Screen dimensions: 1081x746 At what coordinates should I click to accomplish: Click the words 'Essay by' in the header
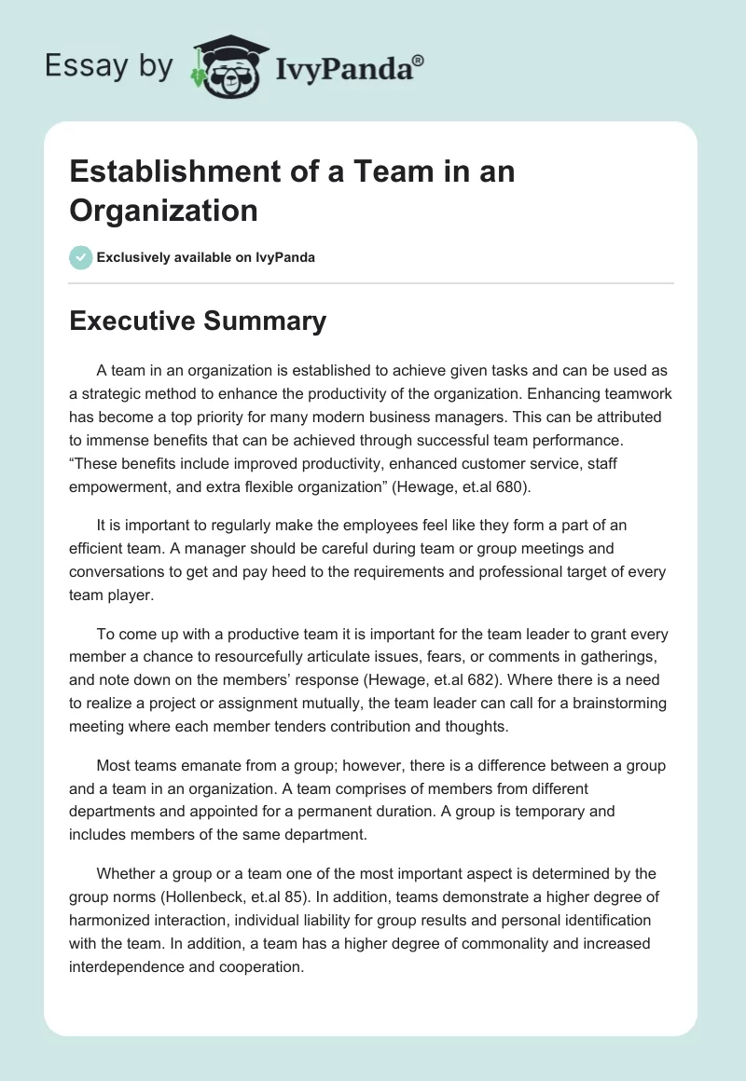click(108, 66)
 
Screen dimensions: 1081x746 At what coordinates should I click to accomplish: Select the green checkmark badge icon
click(81, 257)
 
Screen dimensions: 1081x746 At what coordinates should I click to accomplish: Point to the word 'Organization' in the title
click(163, 210)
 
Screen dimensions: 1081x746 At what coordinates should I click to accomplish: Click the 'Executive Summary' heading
click(198, 322)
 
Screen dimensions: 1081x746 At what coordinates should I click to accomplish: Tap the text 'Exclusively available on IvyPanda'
click(206, 257)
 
